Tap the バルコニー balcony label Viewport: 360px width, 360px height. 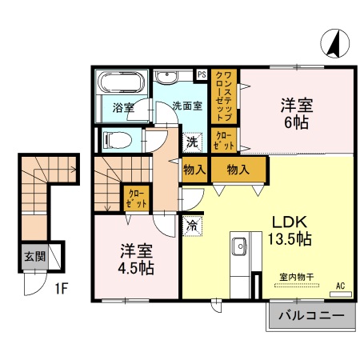pos(311,317)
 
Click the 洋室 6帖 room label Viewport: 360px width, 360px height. pos(297,114)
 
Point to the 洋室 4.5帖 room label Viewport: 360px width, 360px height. pos(136,257)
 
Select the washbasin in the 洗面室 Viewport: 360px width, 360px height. pos(168,78)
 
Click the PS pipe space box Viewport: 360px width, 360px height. pos(202,74)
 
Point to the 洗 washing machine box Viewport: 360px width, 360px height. pos(192,142)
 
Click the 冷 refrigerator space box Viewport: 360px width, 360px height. pos(192,226)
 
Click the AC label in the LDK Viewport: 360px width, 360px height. pos(340,285)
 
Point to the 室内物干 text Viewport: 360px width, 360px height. pos(296,276)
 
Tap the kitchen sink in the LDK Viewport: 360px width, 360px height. pos(238,246)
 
